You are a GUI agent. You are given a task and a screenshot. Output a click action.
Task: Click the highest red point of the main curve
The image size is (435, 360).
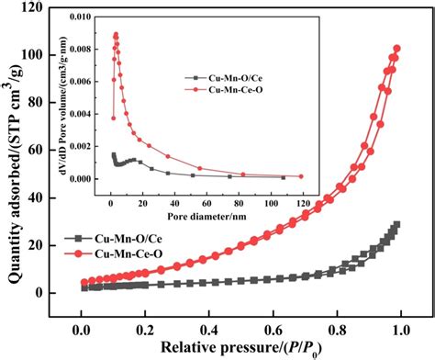pyautogui.click(x=397, y=49)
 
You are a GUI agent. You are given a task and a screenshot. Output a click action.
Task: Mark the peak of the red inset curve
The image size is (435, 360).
pyautogui.click(x=116, y=35)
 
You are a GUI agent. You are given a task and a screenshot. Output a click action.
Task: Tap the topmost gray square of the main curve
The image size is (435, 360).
pyautogui.click(x=396, y=224)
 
